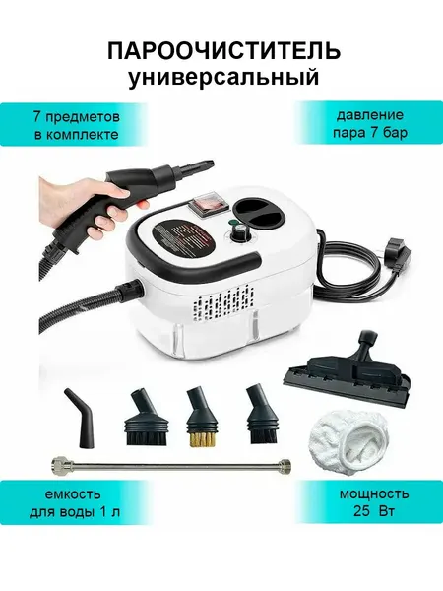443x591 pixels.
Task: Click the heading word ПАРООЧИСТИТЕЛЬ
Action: tap(224, 51)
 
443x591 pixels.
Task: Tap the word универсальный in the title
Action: tap(223, 78)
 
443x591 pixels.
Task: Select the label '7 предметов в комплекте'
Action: tap(76, 125)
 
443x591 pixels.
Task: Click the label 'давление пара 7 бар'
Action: tap(369, 124)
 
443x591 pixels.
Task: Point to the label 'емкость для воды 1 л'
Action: tap(75, 502)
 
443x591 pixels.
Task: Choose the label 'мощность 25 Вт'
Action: tap(374, 502)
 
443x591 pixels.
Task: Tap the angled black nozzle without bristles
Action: tap(82, 419)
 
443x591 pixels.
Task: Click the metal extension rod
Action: tap(170, 463)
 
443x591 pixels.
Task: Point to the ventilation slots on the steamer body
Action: tap(223, 304)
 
